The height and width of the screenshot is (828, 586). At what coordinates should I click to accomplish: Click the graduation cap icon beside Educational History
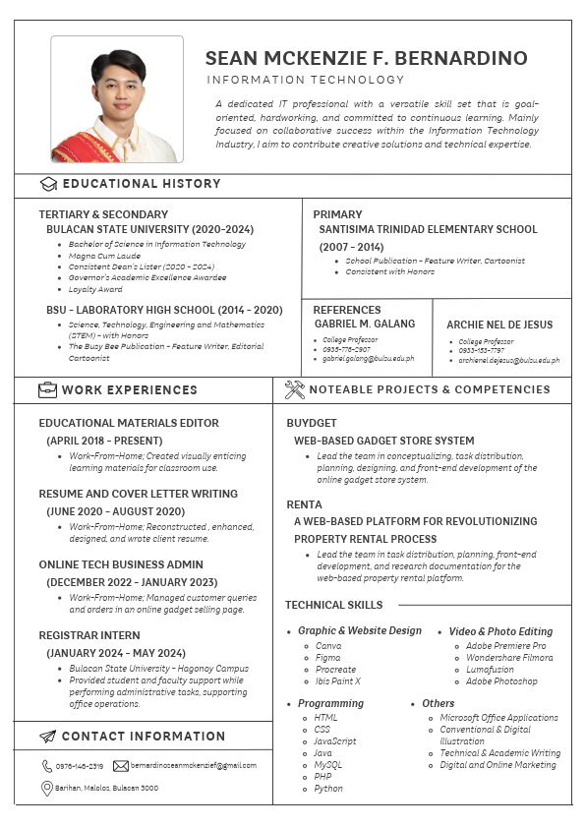(x=48, y=184)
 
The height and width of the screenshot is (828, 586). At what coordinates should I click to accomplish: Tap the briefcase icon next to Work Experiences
(x=48, y=389)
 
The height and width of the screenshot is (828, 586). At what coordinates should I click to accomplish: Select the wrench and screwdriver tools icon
(x=294, y=389)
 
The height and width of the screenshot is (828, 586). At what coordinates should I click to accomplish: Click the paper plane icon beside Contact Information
(x=48, y=736)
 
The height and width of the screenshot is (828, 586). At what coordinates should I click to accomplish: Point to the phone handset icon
(x=47, y=765)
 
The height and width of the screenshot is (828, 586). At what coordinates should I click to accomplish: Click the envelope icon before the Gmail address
(x=121, y=765)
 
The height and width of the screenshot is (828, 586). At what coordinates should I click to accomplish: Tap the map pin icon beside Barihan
(x=47, y=788)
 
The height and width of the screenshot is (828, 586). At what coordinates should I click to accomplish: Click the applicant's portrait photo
(x=117, y=99)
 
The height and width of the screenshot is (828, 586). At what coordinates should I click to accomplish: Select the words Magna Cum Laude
(x=104, y=256)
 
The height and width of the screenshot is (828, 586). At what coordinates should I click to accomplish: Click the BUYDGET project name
(x=312, y=422)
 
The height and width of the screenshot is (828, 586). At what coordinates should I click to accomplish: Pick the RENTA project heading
(x=304, y=504)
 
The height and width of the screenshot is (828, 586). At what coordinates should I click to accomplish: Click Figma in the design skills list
(x=328, y=658)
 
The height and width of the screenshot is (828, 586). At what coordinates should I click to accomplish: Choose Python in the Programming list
(x=328, y=788)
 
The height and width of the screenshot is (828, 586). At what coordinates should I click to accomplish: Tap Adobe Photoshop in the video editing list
(x=501, y=681)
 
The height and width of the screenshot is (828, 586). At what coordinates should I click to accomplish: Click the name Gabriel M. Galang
(x=365, y=324)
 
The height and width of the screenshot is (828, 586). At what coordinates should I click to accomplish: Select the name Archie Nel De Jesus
(x=499, y=325)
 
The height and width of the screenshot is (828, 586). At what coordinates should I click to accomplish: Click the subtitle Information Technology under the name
(x=305, y=80)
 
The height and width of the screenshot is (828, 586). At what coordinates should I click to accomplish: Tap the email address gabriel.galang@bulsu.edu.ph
(x=368, y=359)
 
